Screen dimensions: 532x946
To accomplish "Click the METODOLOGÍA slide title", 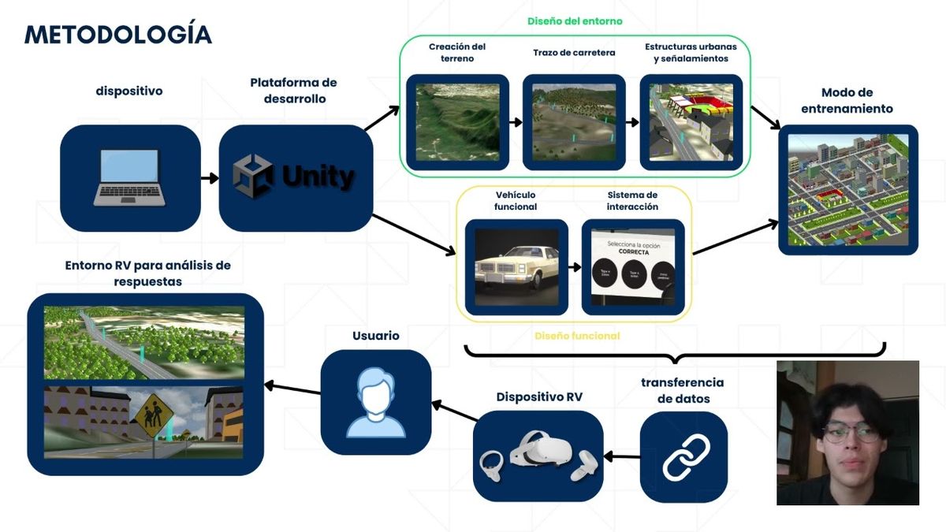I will point(118,34).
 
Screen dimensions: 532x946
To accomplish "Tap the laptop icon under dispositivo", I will point(129,178).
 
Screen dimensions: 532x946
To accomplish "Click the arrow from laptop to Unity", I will point(210,178).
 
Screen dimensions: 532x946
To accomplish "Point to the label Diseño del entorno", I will point(575,21).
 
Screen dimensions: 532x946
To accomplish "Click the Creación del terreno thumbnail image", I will point(457,122).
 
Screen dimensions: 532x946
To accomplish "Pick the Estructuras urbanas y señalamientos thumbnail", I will point(691,122).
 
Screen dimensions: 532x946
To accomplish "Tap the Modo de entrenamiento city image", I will point(848,189).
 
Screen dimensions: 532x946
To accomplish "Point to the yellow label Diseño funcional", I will point(577,336).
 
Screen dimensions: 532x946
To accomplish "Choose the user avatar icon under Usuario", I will point(376,404).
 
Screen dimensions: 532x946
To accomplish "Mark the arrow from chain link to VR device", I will point(622,456).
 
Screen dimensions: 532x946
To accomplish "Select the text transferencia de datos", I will point(683,390).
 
